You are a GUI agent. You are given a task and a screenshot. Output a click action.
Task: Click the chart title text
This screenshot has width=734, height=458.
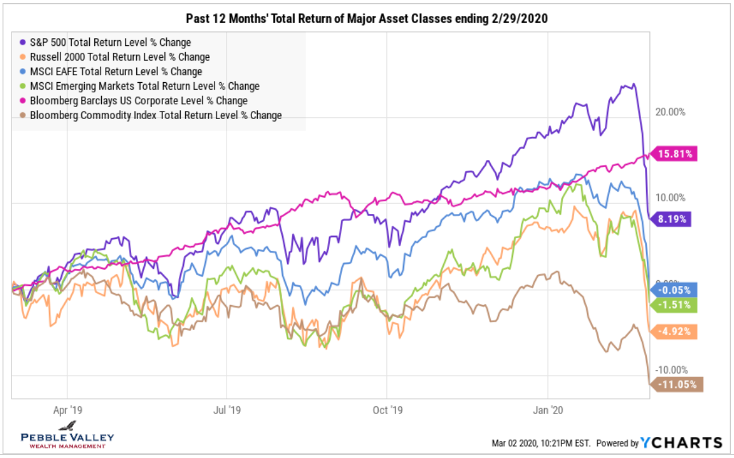tap(366, 19)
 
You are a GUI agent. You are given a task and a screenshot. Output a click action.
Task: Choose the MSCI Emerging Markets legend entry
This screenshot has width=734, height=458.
tap(143, 86)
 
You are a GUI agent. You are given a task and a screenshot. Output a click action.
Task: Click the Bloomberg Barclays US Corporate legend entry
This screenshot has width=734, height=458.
tap(137, 101)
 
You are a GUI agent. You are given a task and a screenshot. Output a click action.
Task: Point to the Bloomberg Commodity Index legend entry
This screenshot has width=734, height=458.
tap(153, 115)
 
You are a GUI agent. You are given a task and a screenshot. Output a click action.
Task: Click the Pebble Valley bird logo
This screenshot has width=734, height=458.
tap(67, 426)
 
